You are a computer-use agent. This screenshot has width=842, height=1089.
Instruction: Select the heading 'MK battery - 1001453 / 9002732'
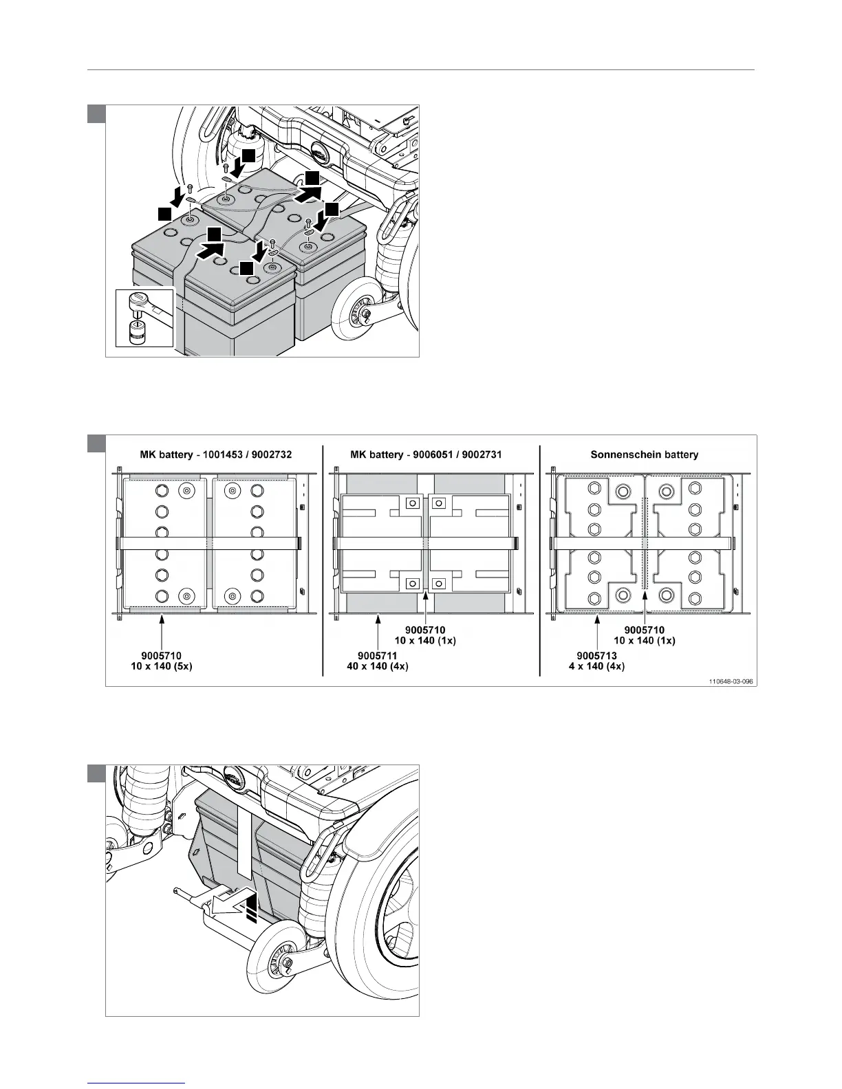(x=214, y=454)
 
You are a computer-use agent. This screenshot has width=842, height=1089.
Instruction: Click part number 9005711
(x=378, y=656)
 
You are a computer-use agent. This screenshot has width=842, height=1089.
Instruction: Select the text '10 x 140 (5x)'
(x=162, y=667)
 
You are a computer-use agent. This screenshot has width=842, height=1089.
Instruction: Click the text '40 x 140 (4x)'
(x=378, y=667)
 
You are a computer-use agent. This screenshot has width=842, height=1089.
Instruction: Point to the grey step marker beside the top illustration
(x=96, y=113)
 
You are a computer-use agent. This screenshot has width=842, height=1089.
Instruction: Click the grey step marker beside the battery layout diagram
(x=96, y=443)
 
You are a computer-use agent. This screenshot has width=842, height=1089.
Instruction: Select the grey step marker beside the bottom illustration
(x=96, y=773)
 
